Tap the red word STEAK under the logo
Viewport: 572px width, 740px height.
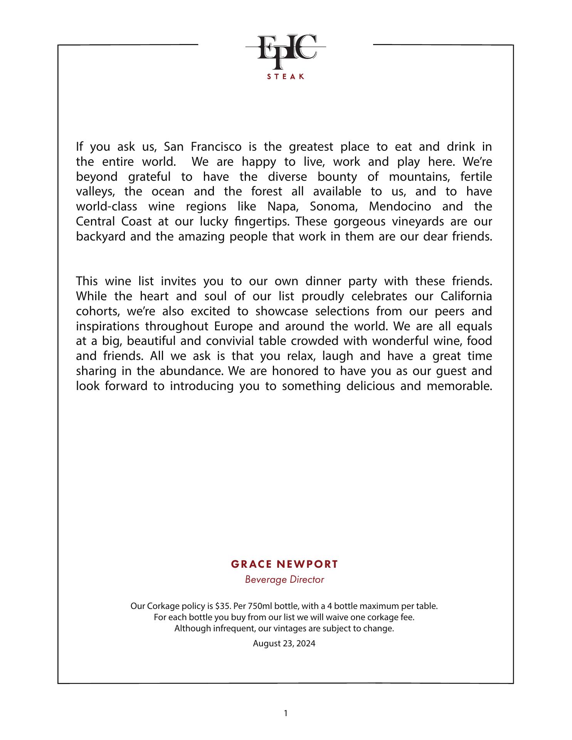(x=286, y=77)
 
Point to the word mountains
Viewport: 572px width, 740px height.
(x=416, y=177)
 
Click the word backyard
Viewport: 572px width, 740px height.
(x=101, y=236)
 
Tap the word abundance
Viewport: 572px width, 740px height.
(x=191, y=371)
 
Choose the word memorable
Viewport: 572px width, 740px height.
(x=459, y=386)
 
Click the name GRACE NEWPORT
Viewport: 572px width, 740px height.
(x=284, y=564)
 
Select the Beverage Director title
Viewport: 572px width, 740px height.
(x=284, y=579)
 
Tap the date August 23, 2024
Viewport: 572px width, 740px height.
(x=284, y=643)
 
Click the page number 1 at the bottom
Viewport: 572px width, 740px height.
(x=286, y=713)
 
